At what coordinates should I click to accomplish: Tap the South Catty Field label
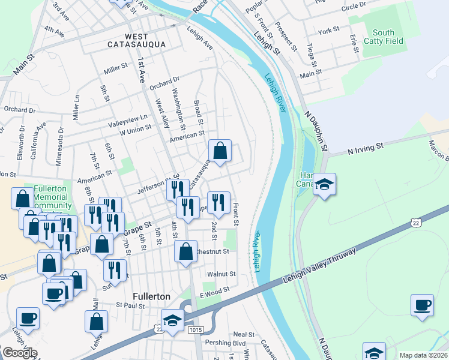(383, 37)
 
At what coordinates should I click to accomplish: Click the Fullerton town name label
(151, 297)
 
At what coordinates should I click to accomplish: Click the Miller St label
(116, 69)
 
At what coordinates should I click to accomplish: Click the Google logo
(19, 353)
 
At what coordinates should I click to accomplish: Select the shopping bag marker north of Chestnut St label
(186, 250)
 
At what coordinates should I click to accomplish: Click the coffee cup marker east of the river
(422, 304)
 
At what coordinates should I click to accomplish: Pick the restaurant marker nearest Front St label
(218, 202)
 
